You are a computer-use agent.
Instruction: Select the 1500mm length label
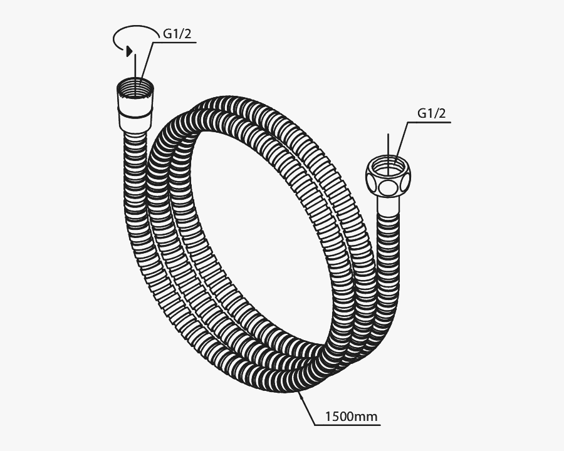(352, 415)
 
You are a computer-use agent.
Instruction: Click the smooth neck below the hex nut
(389, 207)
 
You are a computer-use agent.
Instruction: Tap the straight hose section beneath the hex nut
(389, 251)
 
